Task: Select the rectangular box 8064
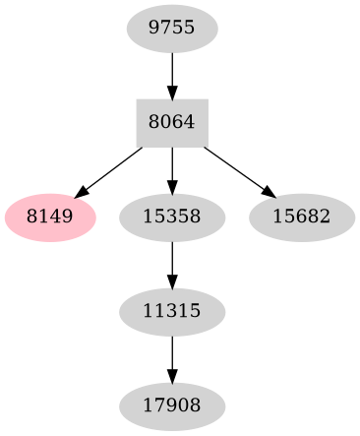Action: click(172, 122)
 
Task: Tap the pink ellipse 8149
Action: click(50, 216)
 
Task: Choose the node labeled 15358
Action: click(172, 216)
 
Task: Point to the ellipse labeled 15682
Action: click(302, 216)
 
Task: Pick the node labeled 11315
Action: click(172, 311)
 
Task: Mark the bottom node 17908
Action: click(172, 405)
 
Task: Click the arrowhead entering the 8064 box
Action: click(172, 92)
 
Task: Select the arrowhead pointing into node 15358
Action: click(172, 186)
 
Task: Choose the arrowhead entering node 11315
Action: click(172, 280)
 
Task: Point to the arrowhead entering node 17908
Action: click(172, 375)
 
